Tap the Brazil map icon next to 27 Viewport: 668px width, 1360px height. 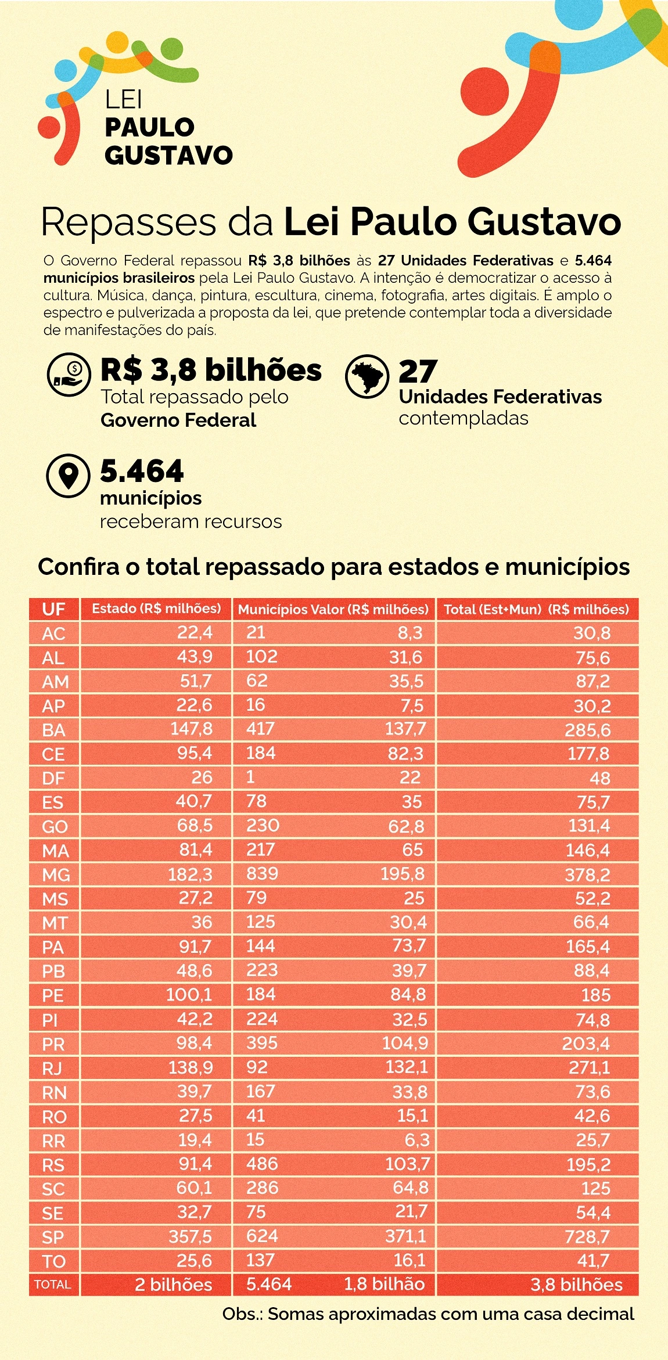tap(367, 376)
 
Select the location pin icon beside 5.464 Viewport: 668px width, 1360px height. tap(69, 476)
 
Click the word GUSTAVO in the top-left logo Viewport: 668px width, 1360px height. tap(168, 155)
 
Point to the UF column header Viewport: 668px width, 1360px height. tap(53, 609)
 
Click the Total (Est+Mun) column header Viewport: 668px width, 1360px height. tap(536, 609)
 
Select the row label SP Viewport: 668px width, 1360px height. tap(53, 1237)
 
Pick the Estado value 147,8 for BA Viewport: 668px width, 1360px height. tap(191, 729)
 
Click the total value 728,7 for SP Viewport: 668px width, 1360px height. tap(587, 1237)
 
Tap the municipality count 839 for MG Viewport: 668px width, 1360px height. tap(263, 873)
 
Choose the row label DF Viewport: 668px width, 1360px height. tap(53, 778)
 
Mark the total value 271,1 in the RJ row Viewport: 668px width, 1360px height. tap(587, 1067)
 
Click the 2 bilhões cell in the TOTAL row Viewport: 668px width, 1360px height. tap(173, 1285)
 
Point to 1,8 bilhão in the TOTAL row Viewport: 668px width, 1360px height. tap(384, 1284)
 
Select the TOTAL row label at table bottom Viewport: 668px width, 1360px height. tap(53, 1285)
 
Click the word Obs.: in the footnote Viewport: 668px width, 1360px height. tap(242, 1314)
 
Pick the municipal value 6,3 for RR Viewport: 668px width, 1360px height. tap(416, 1140)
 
